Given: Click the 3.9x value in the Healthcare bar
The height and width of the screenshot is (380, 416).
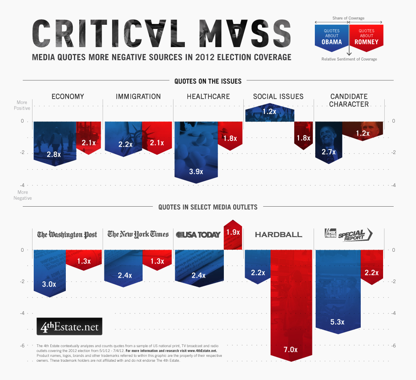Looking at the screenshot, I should (x=196, y=171).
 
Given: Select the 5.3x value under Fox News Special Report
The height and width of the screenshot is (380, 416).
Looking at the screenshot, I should (x=338, y=322).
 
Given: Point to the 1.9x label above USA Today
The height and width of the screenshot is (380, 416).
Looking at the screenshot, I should (x=233, y=232).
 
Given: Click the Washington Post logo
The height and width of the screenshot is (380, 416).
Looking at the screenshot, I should (x=67, y=235).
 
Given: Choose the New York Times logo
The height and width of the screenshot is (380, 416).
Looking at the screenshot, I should (x=138, y=234).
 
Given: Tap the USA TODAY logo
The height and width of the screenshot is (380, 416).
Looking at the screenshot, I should (x=198, y=234).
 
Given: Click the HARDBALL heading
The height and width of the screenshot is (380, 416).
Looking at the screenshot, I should (x=278, y=235).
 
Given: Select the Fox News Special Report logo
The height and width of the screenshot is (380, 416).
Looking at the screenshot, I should (x=349, y=234).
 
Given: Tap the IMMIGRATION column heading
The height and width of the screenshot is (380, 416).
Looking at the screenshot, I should (x=138, y=97).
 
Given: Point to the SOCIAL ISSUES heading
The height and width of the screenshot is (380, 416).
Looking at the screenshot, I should (x=278, y=97).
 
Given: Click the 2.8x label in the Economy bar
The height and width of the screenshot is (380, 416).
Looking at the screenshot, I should (x=54, y=154).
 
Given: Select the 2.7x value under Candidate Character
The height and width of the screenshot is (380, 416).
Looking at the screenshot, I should (x=328, y=152).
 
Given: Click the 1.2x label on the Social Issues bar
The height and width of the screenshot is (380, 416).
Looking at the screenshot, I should (x=269, y=111).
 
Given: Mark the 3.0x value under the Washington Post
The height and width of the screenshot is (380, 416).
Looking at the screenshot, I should (x=49, y=284).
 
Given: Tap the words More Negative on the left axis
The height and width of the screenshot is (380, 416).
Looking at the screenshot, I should (x=23, y=195).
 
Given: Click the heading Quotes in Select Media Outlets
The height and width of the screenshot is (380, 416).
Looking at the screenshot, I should (x=208, y=207).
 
